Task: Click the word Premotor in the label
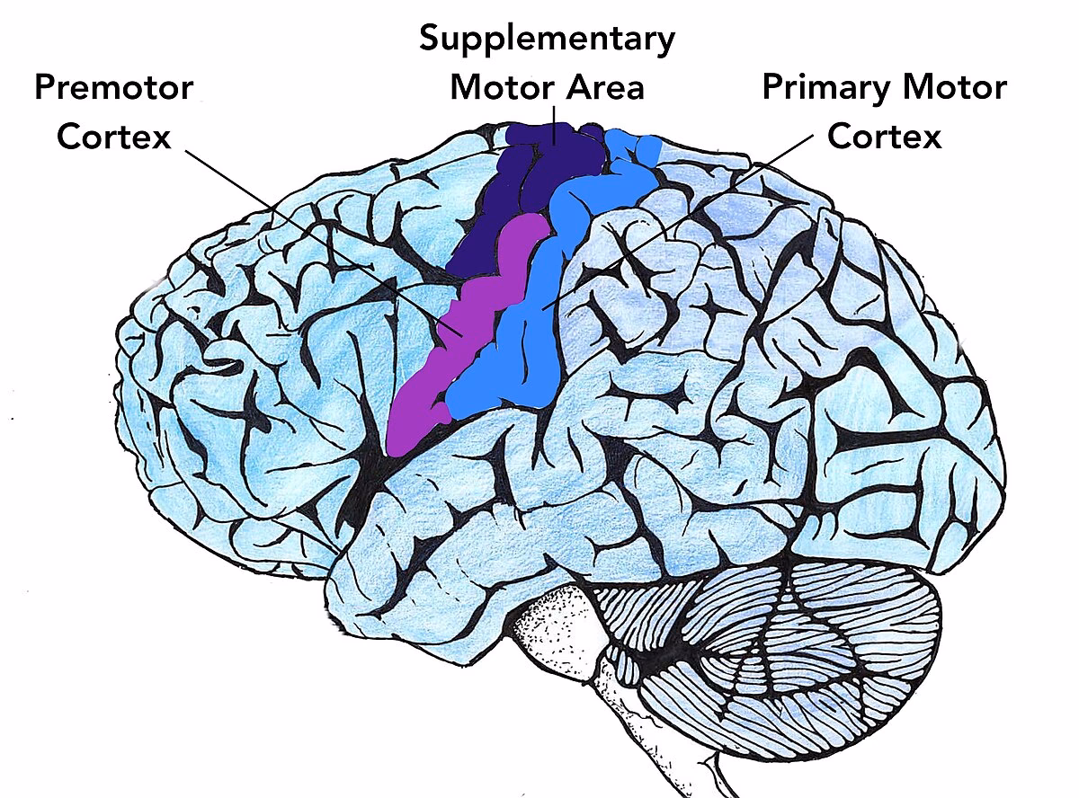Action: tap(112, 88)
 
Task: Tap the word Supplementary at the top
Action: tap(547, 39)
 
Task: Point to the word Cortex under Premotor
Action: tap(113, 137)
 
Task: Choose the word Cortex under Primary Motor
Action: tap(884, 137)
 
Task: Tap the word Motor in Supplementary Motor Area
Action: tap(504, 88)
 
